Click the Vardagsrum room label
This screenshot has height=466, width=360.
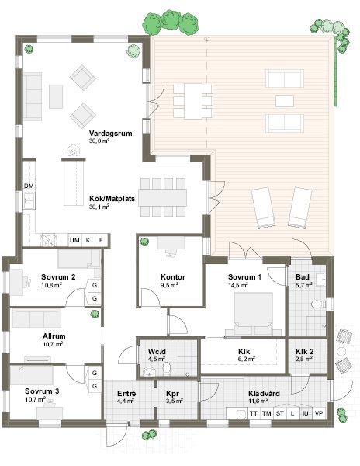tap(110, 133)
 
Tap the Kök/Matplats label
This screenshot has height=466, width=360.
tap(112, 199)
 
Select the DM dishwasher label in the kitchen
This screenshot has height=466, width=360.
tap(29, 186)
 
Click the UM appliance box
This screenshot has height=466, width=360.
tap(74, 240)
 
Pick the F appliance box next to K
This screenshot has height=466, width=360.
tap(101, 240)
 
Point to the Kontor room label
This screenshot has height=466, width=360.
tap(173, 277)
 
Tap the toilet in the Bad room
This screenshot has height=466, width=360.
tap(319, 304)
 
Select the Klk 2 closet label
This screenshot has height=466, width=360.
tap(304, 352)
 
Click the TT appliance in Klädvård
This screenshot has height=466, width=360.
tap(254, 413)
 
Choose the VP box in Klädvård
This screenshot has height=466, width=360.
tap(319, 413)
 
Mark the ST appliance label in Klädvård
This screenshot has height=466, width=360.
tap(279, 413)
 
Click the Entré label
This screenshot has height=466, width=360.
tap(126, 394)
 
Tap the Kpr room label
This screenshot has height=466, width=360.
tap(172, 394)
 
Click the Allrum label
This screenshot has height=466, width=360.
tap(54, 336)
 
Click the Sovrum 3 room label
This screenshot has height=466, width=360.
tap(42, 391)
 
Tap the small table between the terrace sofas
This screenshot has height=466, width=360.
tap(285, 101)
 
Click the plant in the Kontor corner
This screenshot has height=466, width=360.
tap(144, 242)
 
